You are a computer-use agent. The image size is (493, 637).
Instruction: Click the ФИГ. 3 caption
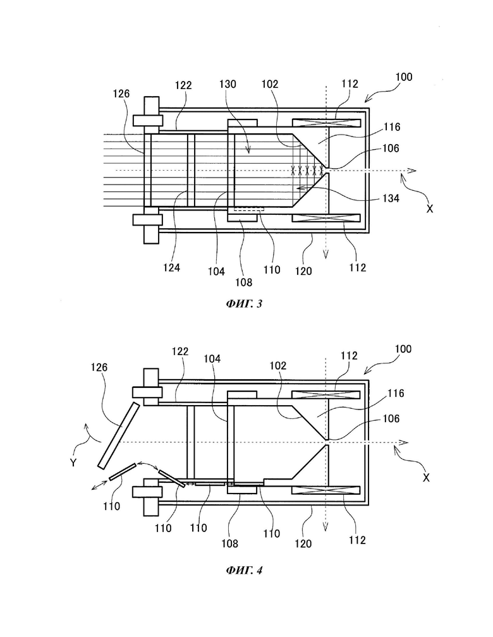click(x=244, y=303)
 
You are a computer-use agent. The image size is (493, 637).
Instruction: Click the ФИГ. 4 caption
click(x=244, y=570)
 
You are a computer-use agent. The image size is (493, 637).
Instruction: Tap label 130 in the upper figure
click(x=228, y=84)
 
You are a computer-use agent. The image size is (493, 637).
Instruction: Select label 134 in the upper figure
click(x=391, y=198)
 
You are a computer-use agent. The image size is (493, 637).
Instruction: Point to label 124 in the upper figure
click(x=171, y=267)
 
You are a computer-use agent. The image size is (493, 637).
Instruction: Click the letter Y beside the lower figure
click(x=73, y=463)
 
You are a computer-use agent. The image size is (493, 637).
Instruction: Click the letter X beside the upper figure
click(x=430, y=209)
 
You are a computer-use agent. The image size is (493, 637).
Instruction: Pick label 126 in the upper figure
click(x=121, y=94)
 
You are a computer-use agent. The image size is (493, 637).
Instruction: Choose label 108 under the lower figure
click(x=229, y=543)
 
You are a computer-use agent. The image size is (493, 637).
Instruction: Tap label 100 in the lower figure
click(x=403, y=349)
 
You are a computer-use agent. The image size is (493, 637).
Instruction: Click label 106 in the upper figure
click(x=391, y=149)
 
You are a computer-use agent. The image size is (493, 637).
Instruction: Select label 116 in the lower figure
click(x=396, y=393)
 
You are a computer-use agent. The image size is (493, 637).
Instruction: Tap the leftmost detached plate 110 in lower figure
click(x=123, y=471)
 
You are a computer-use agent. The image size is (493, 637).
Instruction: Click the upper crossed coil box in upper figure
click(x=326, y=123)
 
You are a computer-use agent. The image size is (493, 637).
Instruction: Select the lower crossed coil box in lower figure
click(x=326, y=490)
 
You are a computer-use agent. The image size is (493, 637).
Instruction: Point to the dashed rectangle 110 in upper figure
click(x=249, y=209)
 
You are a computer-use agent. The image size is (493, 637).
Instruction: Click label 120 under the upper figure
click(x=303, y=271)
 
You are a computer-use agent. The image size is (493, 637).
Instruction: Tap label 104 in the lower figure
click(x=212, y=358)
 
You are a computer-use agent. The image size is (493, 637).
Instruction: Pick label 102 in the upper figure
click(x=269, y=84)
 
